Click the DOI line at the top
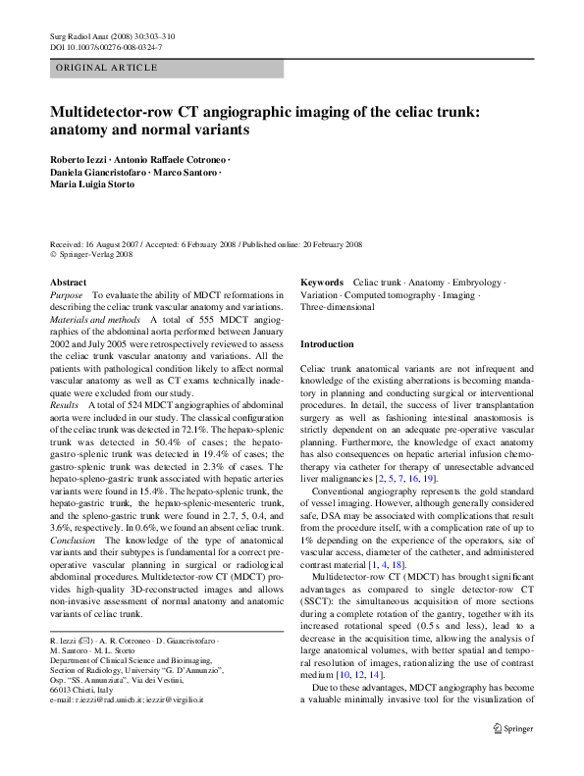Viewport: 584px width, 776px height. (x=106, y=47)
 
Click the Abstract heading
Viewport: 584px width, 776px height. (x=68, y=282)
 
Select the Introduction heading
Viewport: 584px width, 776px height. (x=327, y=344)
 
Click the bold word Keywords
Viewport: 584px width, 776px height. (x=322, y=282)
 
